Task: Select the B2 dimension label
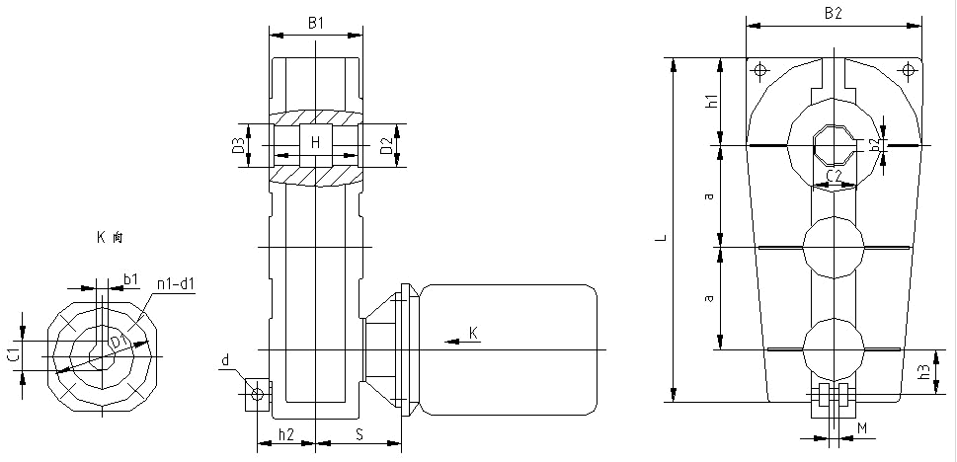pos(835,13)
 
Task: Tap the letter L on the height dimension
pos(665,237)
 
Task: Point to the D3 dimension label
pos(238,146)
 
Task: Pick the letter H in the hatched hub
pos(315,143)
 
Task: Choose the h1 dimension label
pos(712,99)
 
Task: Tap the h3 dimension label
pos(923,372)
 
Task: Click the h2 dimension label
pos(285,434)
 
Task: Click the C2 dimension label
pos(835,176)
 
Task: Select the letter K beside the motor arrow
pos(473,334)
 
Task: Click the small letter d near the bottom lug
pos(225,361)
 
